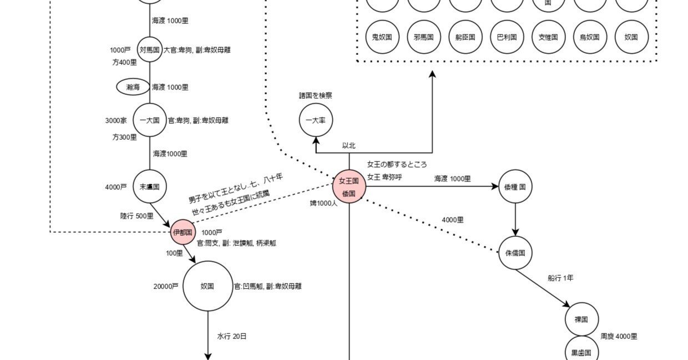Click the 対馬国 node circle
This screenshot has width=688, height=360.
tap(150, 50)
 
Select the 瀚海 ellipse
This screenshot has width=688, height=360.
tap(133, 87)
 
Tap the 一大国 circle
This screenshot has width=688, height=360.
tap(150, 120)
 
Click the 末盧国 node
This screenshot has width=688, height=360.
tap(150, 187)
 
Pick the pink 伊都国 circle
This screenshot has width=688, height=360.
tap(183, 232)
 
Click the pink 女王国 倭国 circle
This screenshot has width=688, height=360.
tap(349, 187)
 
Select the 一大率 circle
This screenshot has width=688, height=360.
tap(316, 120)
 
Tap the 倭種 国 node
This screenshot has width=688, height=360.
tap(515, 187)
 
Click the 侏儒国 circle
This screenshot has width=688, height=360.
tap(515, 253)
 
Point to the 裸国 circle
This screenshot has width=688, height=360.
tap(581, 320)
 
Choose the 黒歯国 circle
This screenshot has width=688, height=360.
tap(581, 351)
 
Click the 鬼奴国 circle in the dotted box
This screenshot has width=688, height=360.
tap(382, 37)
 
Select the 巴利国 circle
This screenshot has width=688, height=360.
tap(507, 37)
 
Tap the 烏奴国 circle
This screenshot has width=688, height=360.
tap(590, 37)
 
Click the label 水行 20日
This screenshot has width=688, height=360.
tap(232, 336)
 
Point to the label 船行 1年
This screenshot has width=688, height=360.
tap(560, 278)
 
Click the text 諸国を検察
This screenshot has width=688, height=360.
tap(316, 95)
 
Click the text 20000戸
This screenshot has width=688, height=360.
tap(166, 287)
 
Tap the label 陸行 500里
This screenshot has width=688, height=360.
tap(136, 216)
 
